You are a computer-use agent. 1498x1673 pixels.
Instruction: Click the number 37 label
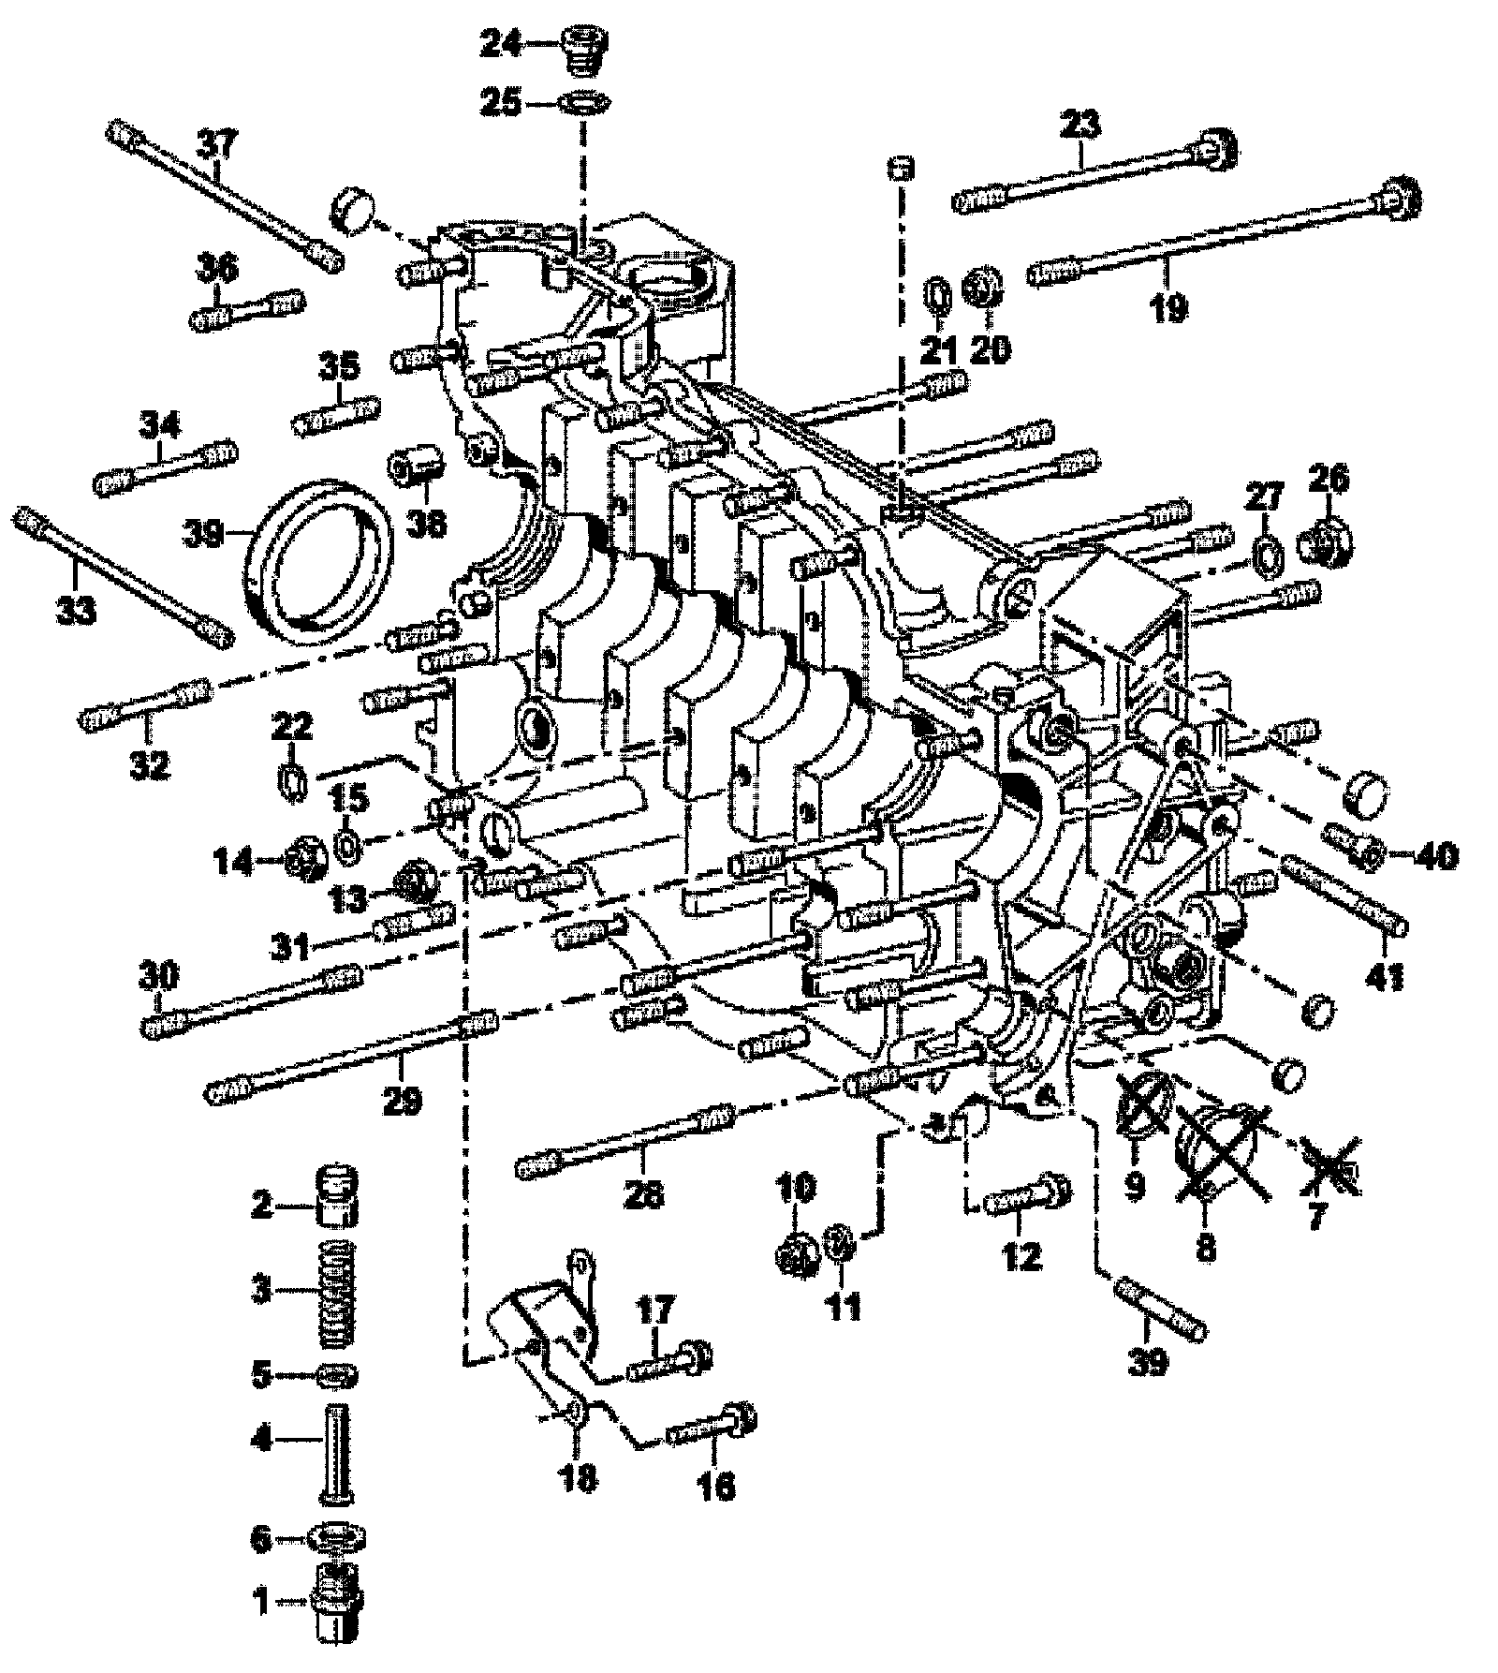(x=217, y=145)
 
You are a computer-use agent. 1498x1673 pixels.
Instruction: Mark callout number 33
(x=76, y=612)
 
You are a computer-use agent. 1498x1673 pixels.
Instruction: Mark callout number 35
(x=340, y=365)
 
